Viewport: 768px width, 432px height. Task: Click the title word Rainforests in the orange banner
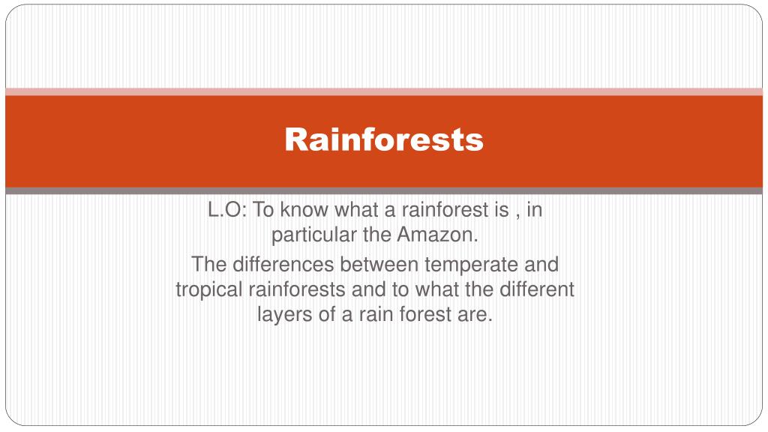[x=384, y=139]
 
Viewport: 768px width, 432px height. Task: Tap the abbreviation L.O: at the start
[x=228, y=211]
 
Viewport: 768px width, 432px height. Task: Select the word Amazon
[x=438, y=235]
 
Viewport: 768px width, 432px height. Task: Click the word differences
[x=284, y=265]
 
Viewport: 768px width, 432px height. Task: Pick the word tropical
[x=208, y=289]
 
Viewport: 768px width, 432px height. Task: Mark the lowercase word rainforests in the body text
[x=296, y=289]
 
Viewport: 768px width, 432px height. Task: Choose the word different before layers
[x=535, y=289]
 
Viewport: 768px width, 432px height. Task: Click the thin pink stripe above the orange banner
[x=384, y=91]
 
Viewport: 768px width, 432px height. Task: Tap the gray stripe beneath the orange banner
[x=384, y=191]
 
